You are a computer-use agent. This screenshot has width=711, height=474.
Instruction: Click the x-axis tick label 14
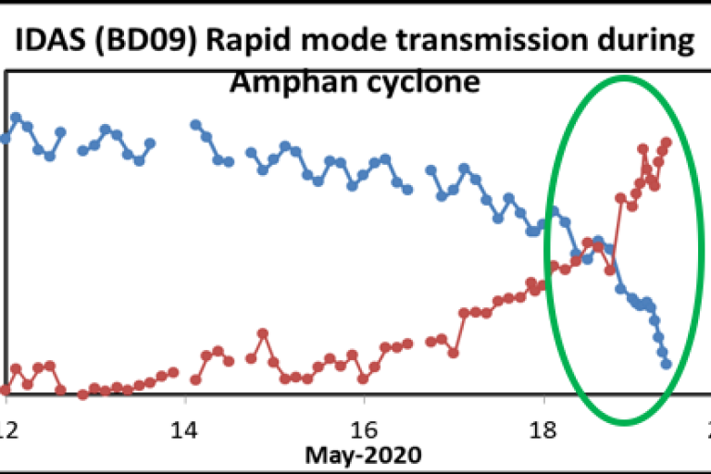(185, 430)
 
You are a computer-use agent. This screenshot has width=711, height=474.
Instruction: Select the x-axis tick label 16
(365, 430)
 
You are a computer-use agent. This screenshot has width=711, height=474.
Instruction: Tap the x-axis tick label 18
(544, 430)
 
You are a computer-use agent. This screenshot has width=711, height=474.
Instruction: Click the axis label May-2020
(365, 455)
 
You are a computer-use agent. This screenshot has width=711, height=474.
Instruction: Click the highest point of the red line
(666, 143)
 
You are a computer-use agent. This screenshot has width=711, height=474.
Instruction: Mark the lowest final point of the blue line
(666, 364)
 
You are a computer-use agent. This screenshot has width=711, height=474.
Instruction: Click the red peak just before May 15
(263, 332)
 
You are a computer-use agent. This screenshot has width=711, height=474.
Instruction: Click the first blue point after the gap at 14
(195, 124)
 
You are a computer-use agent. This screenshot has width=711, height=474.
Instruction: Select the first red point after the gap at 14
(195, 380)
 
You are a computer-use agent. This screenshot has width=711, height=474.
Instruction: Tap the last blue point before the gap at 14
(150, 143)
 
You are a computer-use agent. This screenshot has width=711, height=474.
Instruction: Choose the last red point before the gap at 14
(173, 372)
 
